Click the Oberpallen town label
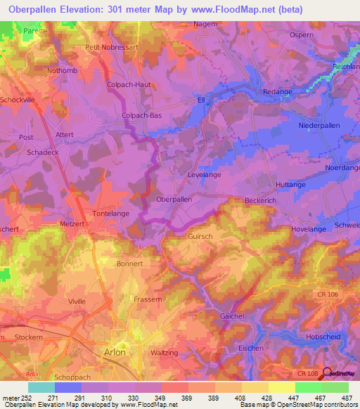pos(174,199)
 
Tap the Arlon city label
pos(115,352)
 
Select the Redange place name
pos(277,93)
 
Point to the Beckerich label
pos(262,200)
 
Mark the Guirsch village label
pos(200,237)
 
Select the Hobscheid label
pos(325,337)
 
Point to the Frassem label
pos(148,299)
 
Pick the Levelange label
pos(205,174)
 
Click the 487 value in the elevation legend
pos(347,398)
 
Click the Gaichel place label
pos(232,316)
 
